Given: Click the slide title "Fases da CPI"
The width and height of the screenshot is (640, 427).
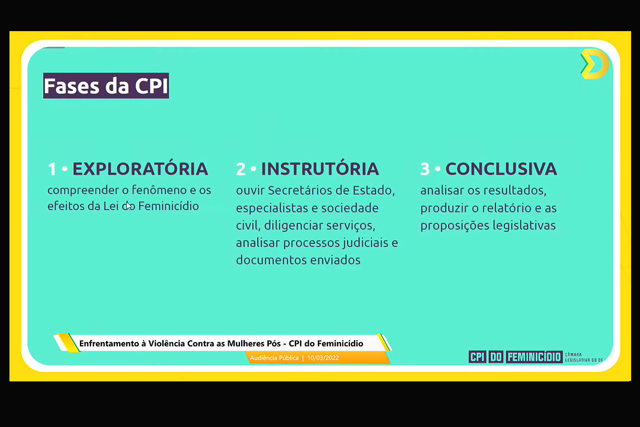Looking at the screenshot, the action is click(106, 86).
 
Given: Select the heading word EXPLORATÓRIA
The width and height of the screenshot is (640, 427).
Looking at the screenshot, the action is click(141, 168).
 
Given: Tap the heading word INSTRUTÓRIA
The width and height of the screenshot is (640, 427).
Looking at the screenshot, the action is click(320, 169).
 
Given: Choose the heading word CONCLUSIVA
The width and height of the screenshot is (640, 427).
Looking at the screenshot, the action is click(501, 169).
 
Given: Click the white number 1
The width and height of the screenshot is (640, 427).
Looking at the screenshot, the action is click(52, 169).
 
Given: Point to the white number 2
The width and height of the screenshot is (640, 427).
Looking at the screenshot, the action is click(241, 169).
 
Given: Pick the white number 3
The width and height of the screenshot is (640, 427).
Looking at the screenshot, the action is click(425, 169).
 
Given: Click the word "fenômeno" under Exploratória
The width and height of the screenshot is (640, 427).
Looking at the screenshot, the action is click(159, 190).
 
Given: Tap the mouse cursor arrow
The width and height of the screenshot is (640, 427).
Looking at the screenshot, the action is click(128, 206).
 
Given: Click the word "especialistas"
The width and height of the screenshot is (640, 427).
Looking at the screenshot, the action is click(272, 208).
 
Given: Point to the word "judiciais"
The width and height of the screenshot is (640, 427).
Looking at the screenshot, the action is click(366, 243).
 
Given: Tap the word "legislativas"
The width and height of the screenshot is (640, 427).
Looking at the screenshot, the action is click(524, 226).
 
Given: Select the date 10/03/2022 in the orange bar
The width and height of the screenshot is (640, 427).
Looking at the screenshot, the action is click(323, 358).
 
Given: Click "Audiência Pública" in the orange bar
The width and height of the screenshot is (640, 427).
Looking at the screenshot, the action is click(274, 358).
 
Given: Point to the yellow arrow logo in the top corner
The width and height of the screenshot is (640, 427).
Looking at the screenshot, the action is click(594, 64).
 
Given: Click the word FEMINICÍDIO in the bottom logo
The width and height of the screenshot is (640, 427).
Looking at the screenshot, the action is click(534, 357).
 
